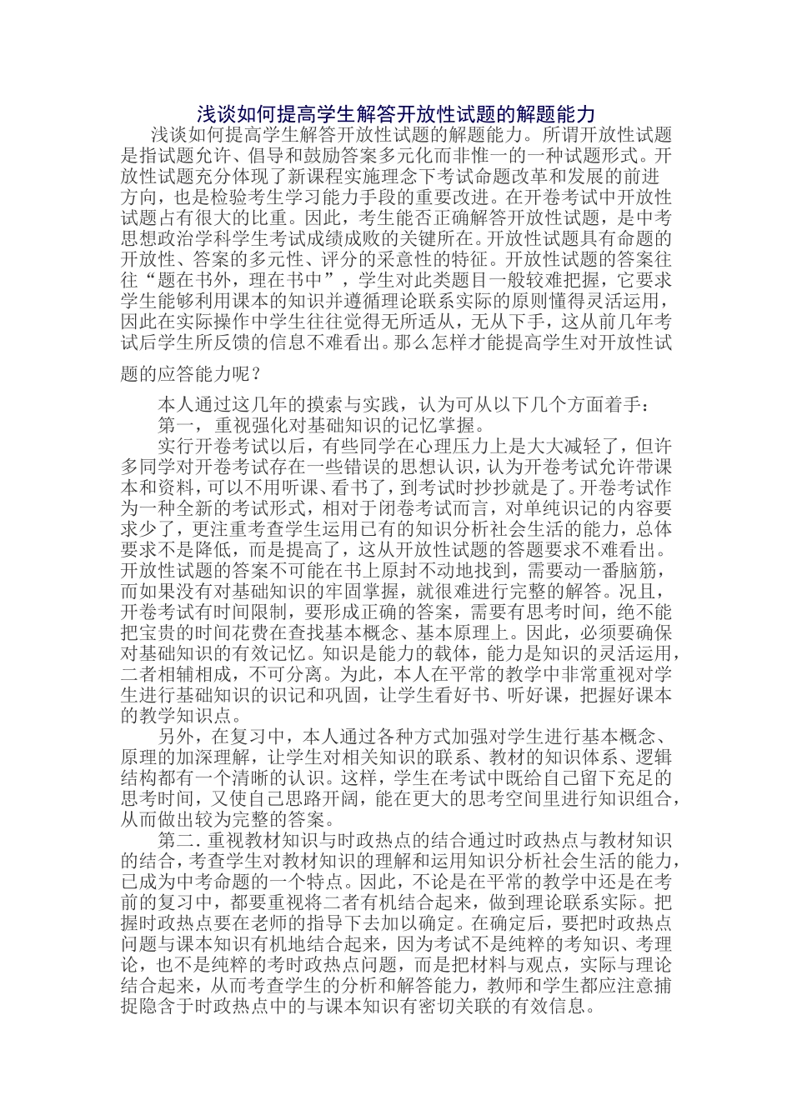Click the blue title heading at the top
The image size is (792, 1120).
pyautogui.click(x=396, y=114)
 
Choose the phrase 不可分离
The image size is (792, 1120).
pyautogui.click(x=276, y=674)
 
